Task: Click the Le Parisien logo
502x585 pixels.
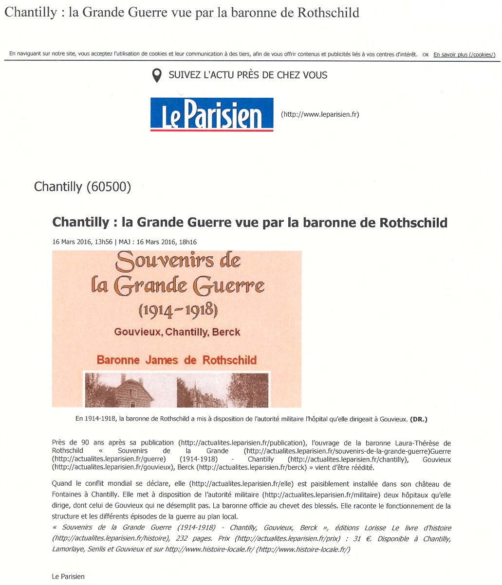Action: pos(212,114)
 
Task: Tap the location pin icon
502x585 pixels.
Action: pos(157,75)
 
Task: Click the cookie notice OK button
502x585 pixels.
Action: pos(426,55)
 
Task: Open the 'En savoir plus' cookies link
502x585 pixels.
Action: pos(464,55)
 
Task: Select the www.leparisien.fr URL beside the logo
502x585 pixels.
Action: pos(320,115)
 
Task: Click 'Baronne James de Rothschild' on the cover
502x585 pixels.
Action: pos(177,360)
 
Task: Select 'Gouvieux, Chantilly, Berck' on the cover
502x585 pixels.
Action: pos(177,332)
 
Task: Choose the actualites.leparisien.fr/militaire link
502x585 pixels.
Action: pos(321,496)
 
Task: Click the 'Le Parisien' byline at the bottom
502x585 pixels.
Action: pos(68,576)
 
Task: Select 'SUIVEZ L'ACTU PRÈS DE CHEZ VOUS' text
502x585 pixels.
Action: pos(248,75)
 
